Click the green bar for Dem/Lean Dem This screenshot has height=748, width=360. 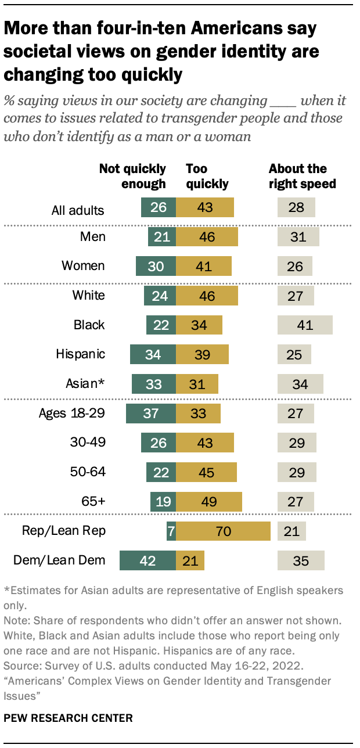147,561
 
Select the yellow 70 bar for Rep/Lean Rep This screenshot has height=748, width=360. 223,531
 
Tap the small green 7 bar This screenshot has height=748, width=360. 171,531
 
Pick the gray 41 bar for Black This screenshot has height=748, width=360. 305,325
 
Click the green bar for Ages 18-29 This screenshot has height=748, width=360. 151,413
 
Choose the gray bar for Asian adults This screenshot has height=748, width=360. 300,384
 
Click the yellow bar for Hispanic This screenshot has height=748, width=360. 202,354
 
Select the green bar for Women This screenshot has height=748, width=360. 156,266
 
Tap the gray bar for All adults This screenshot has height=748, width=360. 296,207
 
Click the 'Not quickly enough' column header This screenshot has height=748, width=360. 132,176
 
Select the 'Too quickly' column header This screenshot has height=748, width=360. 207,176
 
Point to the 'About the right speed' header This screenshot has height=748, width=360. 302,176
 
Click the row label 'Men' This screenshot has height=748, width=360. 93,237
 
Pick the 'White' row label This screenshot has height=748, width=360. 88,296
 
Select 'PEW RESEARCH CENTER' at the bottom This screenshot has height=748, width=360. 68,718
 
